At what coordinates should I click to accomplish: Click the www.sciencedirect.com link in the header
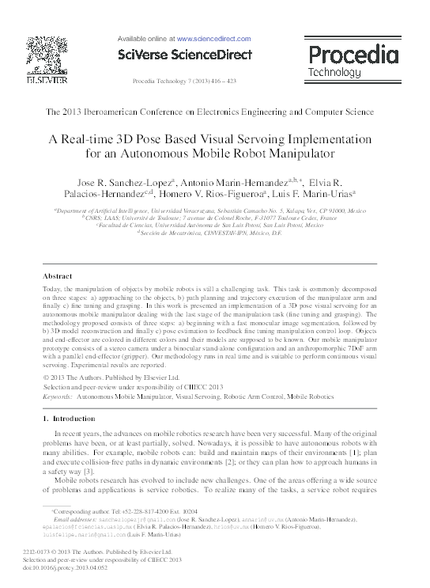(213, 37)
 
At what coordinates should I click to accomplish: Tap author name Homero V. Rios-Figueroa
(226, 194)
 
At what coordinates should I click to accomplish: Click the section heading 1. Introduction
(68, 418)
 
